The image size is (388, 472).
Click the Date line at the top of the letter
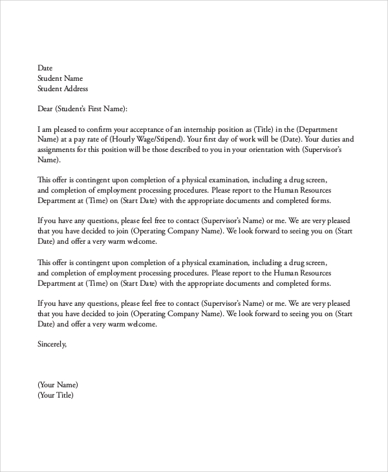pos(45,68)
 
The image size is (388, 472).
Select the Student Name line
pos(60,78)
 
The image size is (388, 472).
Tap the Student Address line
pos(63,89)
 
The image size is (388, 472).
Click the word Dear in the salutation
pos(45,109)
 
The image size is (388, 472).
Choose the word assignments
pos(58,150)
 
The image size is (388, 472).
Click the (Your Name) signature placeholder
pos(58,385)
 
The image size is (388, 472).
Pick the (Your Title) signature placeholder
pos(56,395)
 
